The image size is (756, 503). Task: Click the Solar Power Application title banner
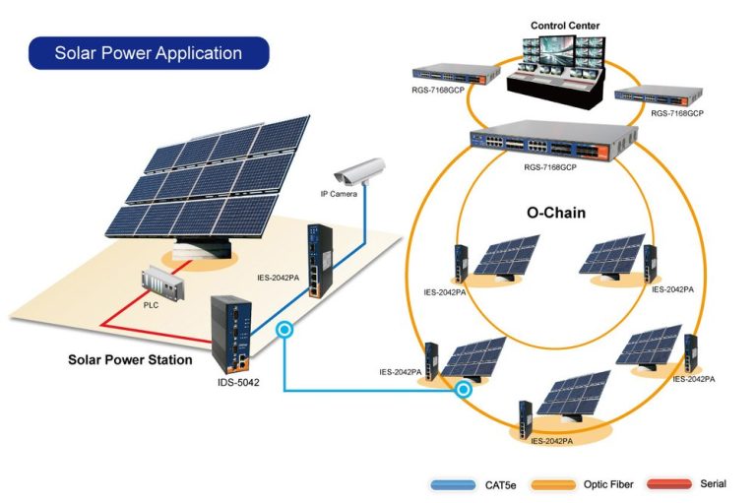click(149, 52)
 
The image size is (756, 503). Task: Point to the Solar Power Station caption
click(130, 359)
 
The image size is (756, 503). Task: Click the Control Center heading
click(564, 26)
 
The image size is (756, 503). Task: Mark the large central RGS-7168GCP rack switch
click(549, 142)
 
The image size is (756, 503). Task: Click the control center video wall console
click(557, 68)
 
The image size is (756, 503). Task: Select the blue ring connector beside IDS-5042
click(284, 332)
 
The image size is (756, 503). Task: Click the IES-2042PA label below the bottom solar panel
click(551, 440)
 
